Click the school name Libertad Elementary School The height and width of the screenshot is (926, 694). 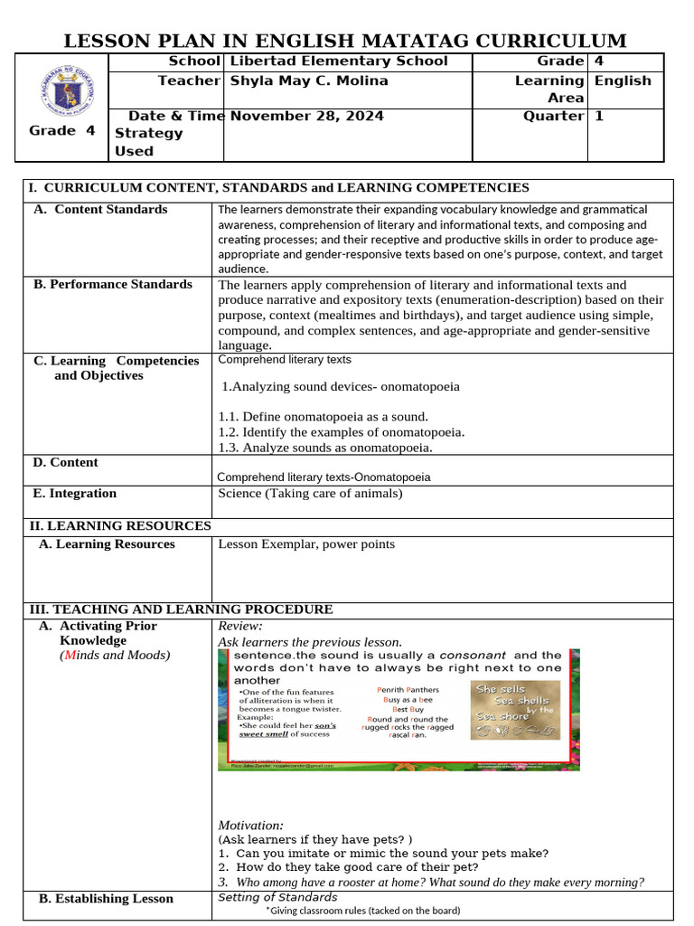(339, 61)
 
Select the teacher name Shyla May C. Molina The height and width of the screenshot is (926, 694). (309, 80)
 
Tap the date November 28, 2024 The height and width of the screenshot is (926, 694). (306, 116)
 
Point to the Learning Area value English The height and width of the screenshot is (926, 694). (622, 80)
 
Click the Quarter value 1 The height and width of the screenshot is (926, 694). (598, 116)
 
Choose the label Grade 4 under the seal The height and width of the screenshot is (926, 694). (61, 130)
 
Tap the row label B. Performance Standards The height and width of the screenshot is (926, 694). (113, 284)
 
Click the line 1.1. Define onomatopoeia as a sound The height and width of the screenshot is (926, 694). (324, 417)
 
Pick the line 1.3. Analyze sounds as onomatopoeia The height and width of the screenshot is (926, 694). (325, 448)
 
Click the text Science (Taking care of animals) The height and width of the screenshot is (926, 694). (310, 493)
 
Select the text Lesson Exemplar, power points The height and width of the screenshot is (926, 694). (306, 543)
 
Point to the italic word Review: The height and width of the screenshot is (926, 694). (240, 626)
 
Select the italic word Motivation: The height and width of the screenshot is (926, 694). (250, 825)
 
